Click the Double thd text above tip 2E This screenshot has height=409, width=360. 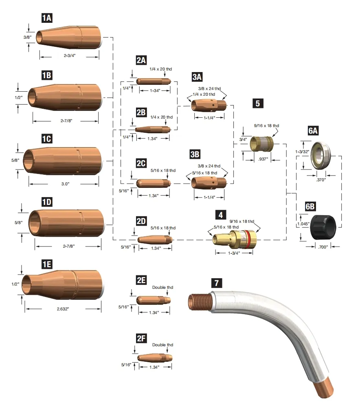[x=162, y=288]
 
